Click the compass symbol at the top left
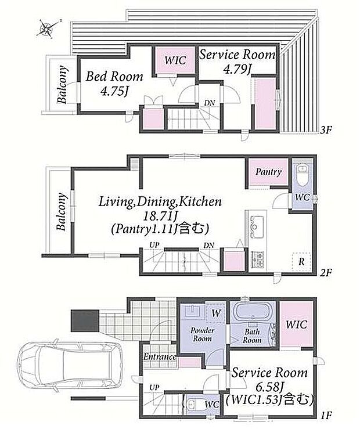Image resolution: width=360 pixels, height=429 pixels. click(x=48, y=28)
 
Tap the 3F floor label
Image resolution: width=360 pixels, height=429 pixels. click(x=326, y=129)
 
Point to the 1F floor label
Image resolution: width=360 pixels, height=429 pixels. click(x=326, y=416)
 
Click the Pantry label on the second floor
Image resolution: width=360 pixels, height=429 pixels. click(x=268, y=172)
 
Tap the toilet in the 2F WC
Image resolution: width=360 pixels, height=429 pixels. click(x=303, y=176)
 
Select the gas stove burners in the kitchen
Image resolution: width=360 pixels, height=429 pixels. click(x=257, y=259)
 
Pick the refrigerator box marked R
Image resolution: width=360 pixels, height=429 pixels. click(x=301, y=262)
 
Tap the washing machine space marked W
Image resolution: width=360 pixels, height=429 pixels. click(x=215, y=313)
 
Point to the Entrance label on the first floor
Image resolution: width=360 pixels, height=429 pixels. click(x=160, y=356)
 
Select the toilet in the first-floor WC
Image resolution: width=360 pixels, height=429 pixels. click(x=194, y=403)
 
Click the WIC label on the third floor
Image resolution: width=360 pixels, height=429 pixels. click(x=175, y=60)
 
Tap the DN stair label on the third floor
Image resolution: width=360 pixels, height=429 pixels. click(x=209, y=103)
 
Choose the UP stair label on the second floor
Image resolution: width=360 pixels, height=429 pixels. click(x=154, y=245)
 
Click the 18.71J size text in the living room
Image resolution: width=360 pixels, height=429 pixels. click(x=160, y=217)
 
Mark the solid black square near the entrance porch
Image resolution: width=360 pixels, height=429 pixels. click(x=85, y=320)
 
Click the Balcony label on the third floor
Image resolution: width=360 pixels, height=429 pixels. click(x=62, y=84)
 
